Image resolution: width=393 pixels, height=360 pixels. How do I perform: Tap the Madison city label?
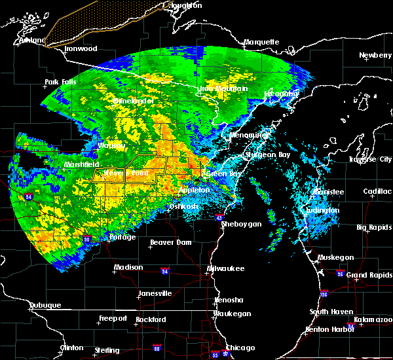click(x=128, y=267)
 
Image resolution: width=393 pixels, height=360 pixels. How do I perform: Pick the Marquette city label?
click(x=261, y=42)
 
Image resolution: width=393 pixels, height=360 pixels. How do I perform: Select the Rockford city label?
click(x=151, y=319)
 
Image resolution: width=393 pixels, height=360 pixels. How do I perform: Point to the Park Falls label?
click(x=61, y=82)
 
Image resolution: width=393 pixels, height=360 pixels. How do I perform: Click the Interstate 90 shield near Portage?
click(x=86, y=240)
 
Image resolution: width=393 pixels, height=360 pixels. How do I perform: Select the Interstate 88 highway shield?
click(x=157, y=348)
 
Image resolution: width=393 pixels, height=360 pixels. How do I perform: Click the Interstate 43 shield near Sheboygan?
click(x=219, y=216)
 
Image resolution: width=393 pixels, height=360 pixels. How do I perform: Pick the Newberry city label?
click(x=375, y=55)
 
